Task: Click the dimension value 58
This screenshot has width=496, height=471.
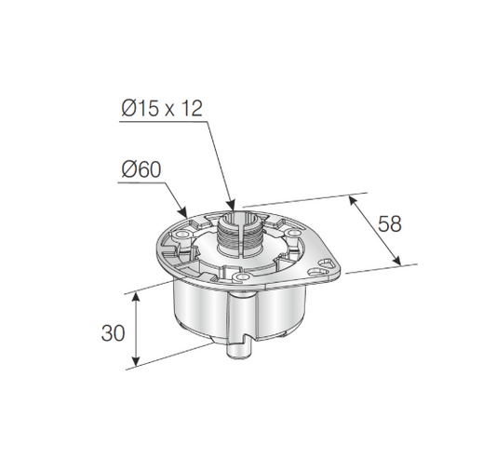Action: point(390,223)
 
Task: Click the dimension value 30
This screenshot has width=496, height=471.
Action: point(113,331)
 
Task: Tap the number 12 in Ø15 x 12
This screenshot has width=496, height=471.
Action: point(191,108)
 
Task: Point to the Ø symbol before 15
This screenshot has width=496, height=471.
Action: point(128,108)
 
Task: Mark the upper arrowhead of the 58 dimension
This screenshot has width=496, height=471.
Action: point(353,198)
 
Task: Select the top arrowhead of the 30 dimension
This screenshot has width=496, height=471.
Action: point(137,294)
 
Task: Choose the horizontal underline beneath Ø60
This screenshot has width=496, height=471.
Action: point(140,183)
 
